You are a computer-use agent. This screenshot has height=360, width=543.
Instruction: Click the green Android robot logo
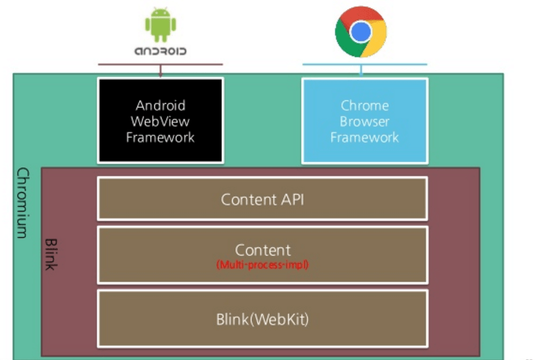point(160,24)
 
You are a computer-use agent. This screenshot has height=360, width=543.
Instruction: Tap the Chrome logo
point(361,32)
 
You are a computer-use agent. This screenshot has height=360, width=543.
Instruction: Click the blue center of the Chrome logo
point(361,32)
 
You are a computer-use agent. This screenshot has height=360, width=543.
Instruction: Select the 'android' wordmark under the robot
point(160,51)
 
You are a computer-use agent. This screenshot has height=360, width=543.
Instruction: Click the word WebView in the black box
point(160,122)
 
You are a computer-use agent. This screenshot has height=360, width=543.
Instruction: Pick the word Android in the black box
point(160,106)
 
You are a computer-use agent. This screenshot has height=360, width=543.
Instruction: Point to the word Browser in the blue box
point(364,122)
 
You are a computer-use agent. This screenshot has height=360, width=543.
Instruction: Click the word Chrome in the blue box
point(365,106)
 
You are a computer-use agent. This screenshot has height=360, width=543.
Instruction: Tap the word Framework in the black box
point(160,138)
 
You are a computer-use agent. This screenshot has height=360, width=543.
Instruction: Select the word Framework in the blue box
point(364,138)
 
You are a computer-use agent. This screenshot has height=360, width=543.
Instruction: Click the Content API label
point(262,200)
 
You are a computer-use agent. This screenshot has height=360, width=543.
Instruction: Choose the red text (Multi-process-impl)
point(262,265)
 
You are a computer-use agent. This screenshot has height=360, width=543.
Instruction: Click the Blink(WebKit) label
point(262,319)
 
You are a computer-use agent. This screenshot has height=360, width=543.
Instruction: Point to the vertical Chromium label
point(23,203)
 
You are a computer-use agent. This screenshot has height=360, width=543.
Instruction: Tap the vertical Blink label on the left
point(51,254)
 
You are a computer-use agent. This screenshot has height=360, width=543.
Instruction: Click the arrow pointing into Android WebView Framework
point(160,71)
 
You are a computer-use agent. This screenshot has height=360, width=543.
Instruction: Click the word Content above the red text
point(263,250)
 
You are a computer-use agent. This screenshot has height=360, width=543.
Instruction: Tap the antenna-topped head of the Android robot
point(160,13)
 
